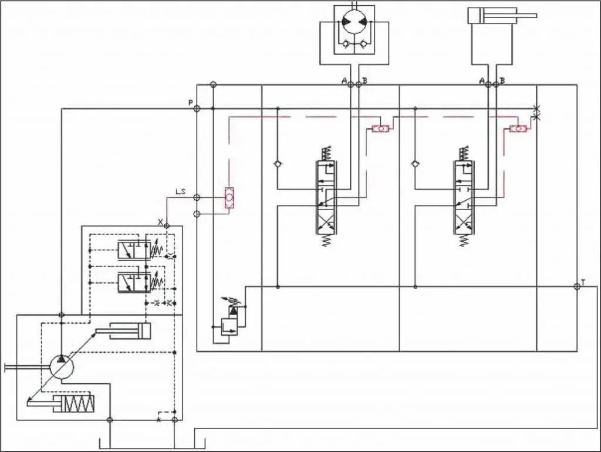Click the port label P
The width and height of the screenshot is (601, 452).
(190, 103)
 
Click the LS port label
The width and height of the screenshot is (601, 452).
(181, 191)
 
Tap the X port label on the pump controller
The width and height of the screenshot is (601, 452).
(160, 221)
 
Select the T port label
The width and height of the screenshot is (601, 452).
(583, 281)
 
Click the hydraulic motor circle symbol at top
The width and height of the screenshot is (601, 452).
(354, 23)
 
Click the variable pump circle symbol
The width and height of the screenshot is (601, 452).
(61, 367)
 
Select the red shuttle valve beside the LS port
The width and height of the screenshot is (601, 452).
(229, 198)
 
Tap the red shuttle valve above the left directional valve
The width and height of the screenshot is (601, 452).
(380, 129)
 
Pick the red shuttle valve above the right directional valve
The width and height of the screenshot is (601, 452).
(518, 129)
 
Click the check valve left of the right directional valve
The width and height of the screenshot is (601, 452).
(415, 164)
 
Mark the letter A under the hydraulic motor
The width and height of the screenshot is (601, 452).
(344, 80)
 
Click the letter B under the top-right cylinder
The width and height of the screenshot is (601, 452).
(502, 80)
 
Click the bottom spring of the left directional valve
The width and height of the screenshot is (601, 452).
(326, 240)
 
